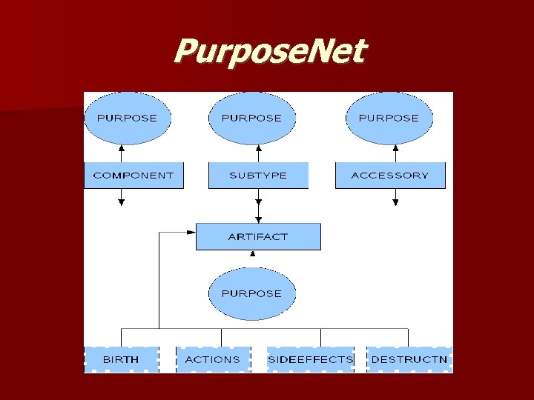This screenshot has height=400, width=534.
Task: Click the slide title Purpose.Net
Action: [x=269, y=53]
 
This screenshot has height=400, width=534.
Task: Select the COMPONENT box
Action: [x=133, y=176]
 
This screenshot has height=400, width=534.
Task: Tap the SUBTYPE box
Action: [x=258, y=176]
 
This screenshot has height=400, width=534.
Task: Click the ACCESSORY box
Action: [x=390, y=176]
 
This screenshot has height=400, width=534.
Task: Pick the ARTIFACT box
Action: [x=258, y=236]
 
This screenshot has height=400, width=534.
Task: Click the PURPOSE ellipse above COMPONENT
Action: [x=127, y=118]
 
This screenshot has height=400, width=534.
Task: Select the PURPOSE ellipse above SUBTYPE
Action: [x=252, y=118]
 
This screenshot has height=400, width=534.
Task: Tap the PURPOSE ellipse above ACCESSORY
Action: [x=389, y=118]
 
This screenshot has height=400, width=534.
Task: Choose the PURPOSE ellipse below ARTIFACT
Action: [x=252, y=293]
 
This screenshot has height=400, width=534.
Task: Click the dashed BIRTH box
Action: [x=121, y=359]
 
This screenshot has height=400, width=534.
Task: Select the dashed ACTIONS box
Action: [x=212, y=359]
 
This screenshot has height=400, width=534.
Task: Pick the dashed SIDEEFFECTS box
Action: [x=310, y=359]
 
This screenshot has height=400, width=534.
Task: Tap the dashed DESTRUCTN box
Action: [x=409, y=359]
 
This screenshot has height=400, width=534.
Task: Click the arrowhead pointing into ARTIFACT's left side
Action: [x=191, y=232]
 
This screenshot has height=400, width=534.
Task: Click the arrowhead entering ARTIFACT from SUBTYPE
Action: [x=258, y=219]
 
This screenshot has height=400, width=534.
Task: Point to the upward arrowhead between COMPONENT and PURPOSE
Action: [x=122, y=148]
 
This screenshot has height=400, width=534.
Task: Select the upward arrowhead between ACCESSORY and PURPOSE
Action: [x=395, y=148]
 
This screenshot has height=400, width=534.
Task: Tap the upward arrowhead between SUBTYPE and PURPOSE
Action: [x=258, y=148]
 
